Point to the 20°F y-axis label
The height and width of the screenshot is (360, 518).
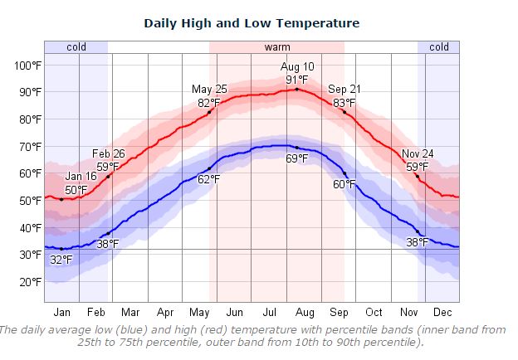coord(30,281)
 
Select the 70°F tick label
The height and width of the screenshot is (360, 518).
coord(30,146)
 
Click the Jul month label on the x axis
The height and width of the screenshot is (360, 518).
coord(269,313)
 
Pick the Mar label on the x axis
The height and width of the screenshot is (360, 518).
coord(130,313)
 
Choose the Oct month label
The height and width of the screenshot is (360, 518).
coord(374,313)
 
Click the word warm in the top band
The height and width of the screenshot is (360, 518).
coord(277,47)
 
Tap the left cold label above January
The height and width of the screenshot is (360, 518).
coord(76,47)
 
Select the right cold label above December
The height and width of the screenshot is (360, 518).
coord(438,47)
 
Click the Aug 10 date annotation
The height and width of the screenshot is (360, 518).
coord(296,66)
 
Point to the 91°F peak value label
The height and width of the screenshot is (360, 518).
coord(297,79)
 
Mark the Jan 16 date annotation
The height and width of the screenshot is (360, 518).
coord(81,176)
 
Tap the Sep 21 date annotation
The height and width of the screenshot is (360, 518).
coord(345,90)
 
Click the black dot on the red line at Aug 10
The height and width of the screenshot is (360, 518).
coord(296,89)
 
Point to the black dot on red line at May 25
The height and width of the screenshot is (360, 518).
coord(209,112)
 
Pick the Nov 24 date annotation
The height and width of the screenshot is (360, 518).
coord(418,154)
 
